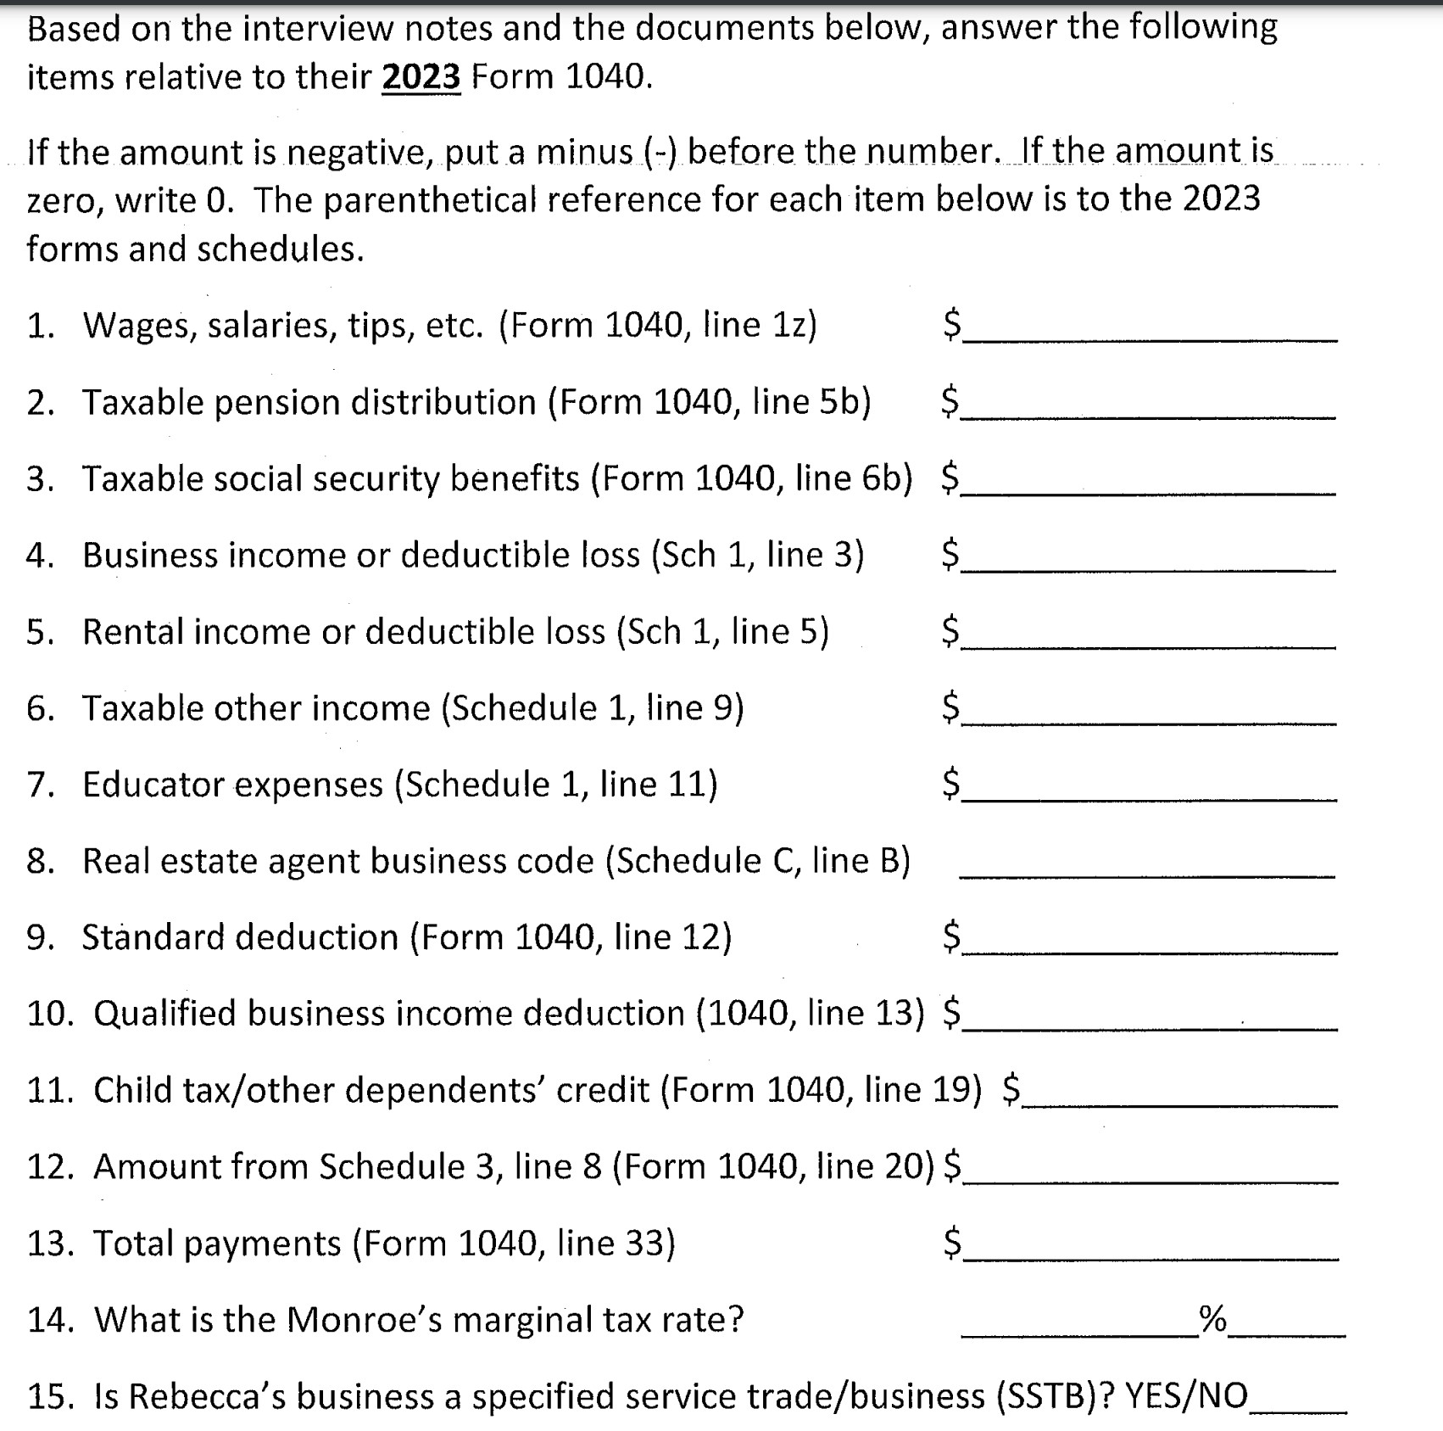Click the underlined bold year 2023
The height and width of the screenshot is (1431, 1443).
pos(421,77)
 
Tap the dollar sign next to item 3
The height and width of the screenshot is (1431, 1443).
pos(950,478)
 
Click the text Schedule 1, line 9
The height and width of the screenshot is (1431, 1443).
pos(593,708)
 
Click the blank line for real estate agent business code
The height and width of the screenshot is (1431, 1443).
pos(1146,869)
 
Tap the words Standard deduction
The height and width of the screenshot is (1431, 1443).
pos(239,937)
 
